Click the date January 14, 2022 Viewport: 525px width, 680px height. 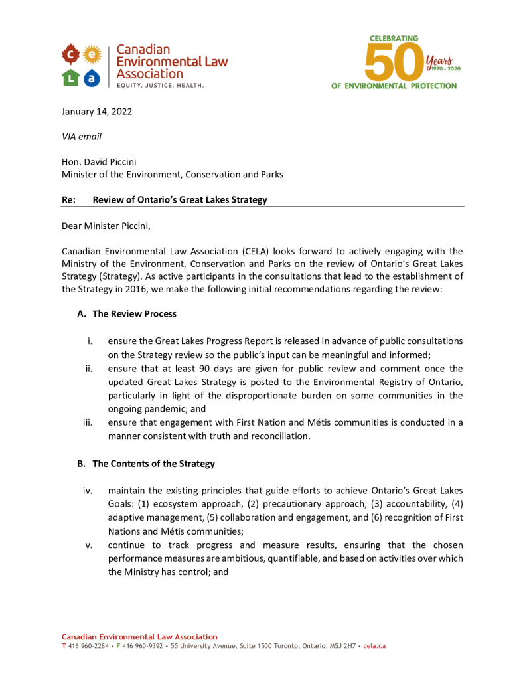click(x=97, y=112)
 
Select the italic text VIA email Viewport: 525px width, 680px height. click(x=82, y=137)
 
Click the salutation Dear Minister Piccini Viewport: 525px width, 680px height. click(x=106, y=226)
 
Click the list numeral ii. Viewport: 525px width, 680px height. click(x=88, y=369)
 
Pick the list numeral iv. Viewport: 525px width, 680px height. click(x=87, y=491)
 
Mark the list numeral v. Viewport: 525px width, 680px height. click(x=88, y=545)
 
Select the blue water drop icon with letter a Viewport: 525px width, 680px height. click(x=92, y=78)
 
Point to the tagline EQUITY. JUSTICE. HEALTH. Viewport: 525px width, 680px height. click(x=161, y=86)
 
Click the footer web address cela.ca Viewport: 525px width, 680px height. click(x=374, y=646)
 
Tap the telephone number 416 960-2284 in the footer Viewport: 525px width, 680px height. click(x=88, y=646)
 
